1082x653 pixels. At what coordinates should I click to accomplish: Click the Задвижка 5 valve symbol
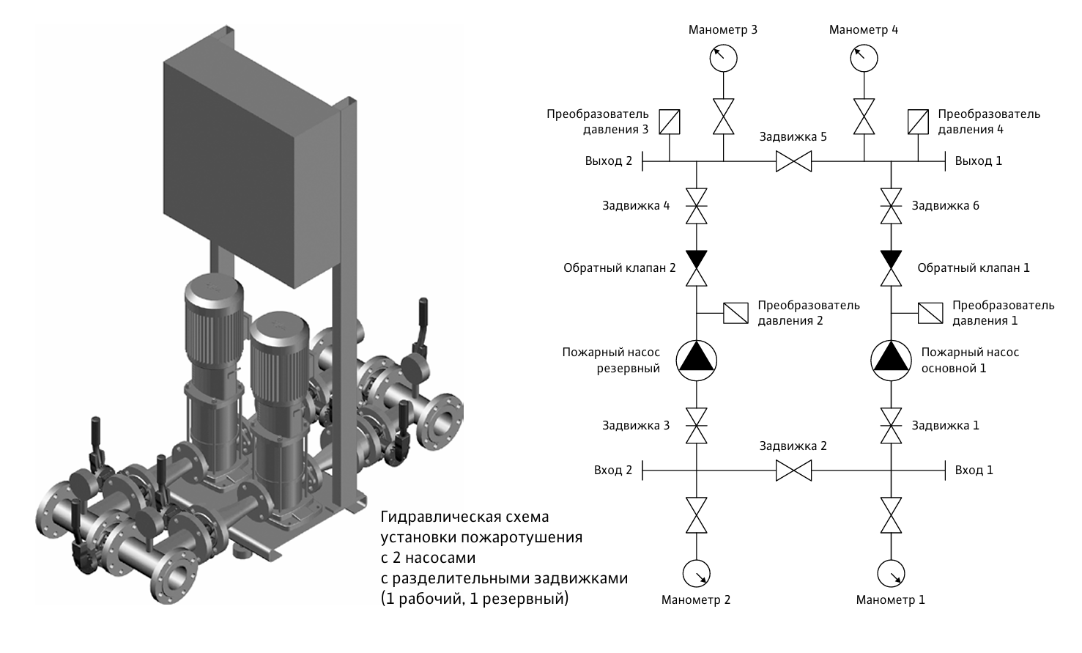pos(793,161)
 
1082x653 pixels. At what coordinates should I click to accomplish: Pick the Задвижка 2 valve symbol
pos(793,471)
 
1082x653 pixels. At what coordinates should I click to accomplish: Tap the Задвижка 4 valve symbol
pos(696,206)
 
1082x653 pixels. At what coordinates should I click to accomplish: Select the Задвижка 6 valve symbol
pos(891,206)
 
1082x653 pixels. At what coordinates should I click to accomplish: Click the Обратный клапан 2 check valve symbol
pos(696,268)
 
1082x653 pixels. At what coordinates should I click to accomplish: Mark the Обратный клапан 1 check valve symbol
pos(891,268)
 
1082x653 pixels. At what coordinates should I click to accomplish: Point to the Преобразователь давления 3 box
pos(670,122)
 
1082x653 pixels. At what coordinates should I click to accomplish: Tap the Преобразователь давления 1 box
pos(930,313)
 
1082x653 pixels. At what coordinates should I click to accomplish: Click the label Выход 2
pos(608,161)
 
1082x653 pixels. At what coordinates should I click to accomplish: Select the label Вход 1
pos(974,471)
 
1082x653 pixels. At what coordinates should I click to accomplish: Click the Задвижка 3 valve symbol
pos(696,426)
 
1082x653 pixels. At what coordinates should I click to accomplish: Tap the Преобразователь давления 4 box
pos(918,122)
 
